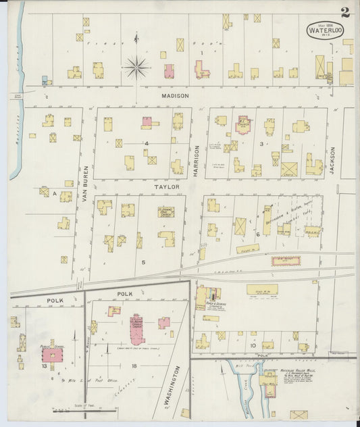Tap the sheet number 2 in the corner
point(345,11)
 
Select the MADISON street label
point(175,96)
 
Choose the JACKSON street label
point(332,161)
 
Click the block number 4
point(145,143)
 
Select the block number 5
point(143,261)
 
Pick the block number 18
point(134,366)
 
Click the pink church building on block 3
point(243,124)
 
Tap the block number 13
point(44,366)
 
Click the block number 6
point(257,234)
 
